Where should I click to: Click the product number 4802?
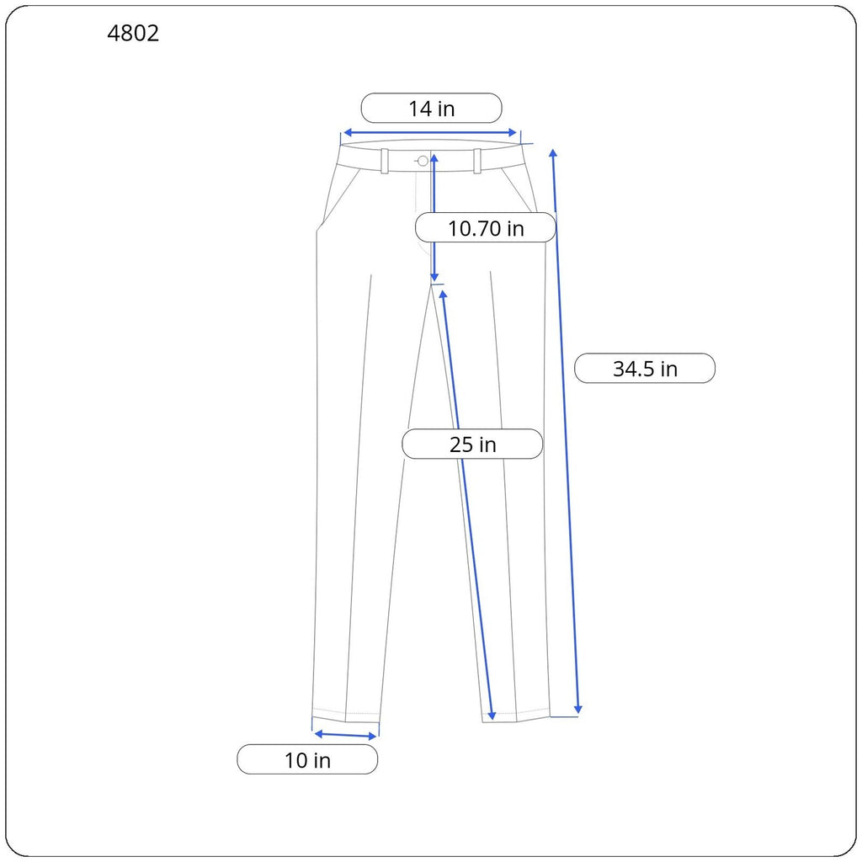133,34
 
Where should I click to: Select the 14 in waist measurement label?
431,109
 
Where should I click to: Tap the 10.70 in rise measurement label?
486,228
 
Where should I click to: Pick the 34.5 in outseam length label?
645,369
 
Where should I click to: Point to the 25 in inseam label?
472,444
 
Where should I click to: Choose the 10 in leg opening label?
307,760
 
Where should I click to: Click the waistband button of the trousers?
423,161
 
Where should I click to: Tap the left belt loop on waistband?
385,161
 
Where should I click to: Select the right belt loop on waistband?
477,161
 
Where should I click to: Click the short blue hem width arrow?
345,735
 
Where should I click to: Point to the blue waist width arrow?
429,133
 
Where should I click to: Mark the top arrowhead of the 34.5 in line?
553,152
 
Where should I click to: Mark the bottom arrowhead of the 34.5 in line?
578,710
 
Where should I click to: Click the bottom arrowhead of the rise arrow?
434,277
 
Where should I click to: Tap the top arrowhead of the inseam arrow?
442,295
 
